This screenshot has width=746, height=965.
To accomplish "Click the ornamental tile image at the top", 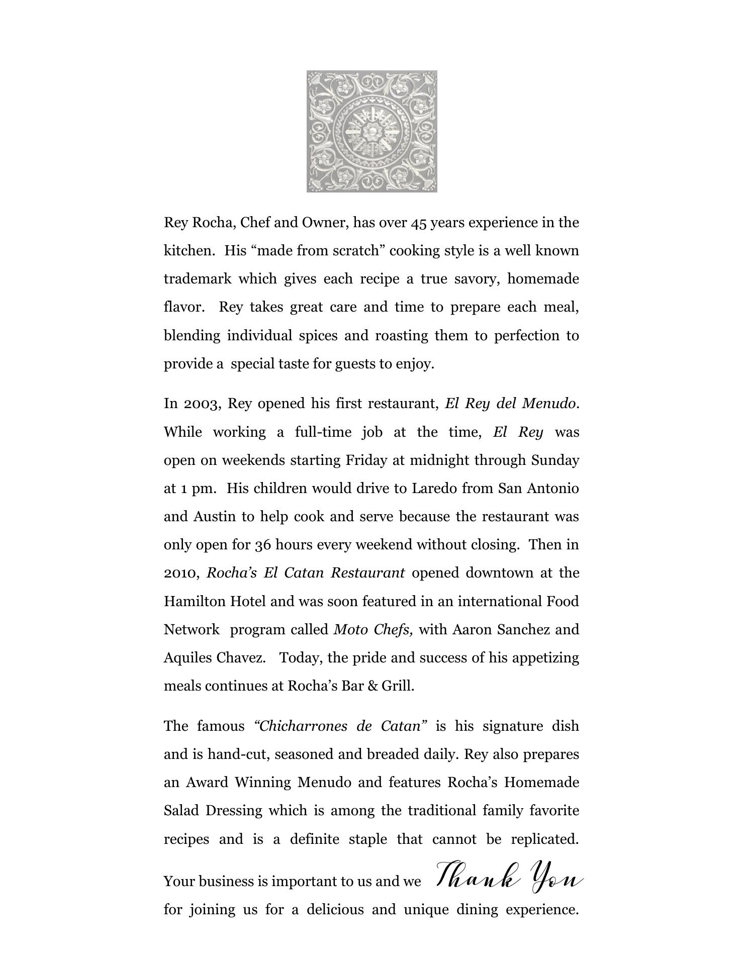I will (x=371, y=131).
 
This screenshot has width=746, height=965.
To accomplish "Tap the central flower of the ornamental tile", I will (x=371, y=132).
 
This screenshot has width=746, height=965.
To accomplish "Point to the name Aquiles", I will (x=188, y=658).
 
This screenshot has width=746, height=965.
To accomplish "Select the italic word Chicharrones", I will (x=303, y=726).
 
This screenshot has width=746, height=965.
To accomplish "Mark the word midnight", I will (x=439, y=460).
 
